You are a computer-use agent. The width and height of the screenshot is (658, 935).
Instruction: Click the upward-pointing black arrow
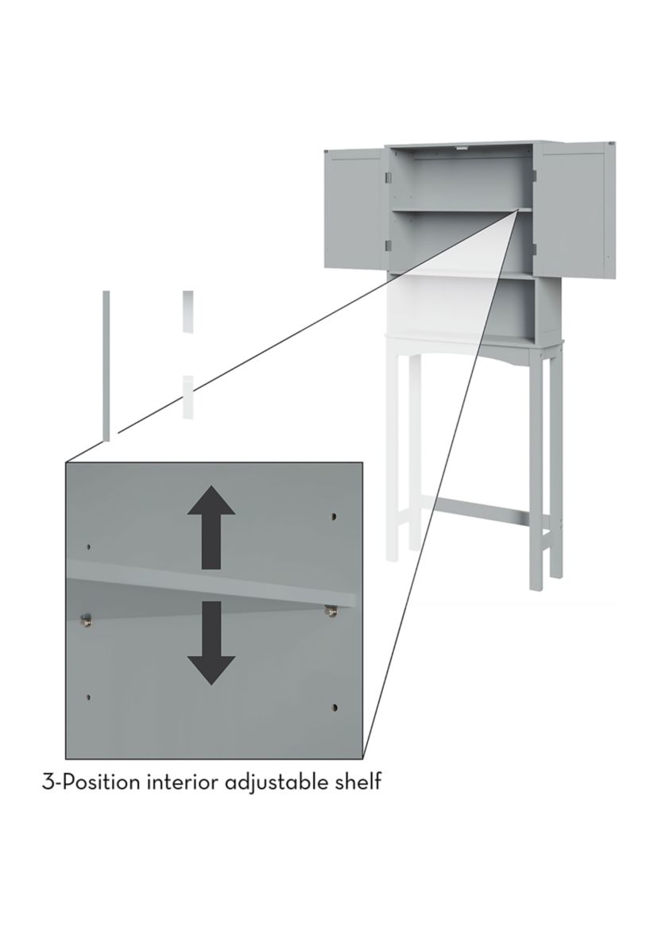(211, 527)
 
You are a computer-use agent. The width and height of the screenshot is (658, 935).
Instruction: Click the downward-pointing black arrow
(211, 643)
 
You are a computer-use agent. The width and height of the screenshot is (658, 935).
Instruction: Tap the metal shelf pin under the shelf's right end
(329, 610)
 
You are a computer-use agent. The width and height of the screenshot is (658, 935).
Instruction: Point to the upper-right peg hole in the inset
(334, 516)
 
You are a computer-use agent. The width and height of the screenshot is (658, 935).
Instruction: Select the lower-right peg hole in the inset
(335, 707)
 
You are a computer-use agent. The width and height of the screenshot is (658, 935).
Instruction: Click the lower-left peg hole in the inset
(89, 697)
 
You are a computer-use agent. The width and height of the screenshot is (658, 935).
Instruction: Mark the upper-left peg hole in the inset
(89, 546)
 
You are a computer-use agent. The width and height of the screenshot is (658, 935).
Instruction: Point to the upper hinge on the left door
(389, 177)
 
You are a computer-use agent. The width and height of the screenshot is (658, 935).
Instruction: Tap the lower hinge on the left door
(389, 245)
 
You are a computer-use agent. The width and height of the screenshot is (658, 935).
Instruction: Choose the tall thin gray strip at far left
(106, 365)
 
